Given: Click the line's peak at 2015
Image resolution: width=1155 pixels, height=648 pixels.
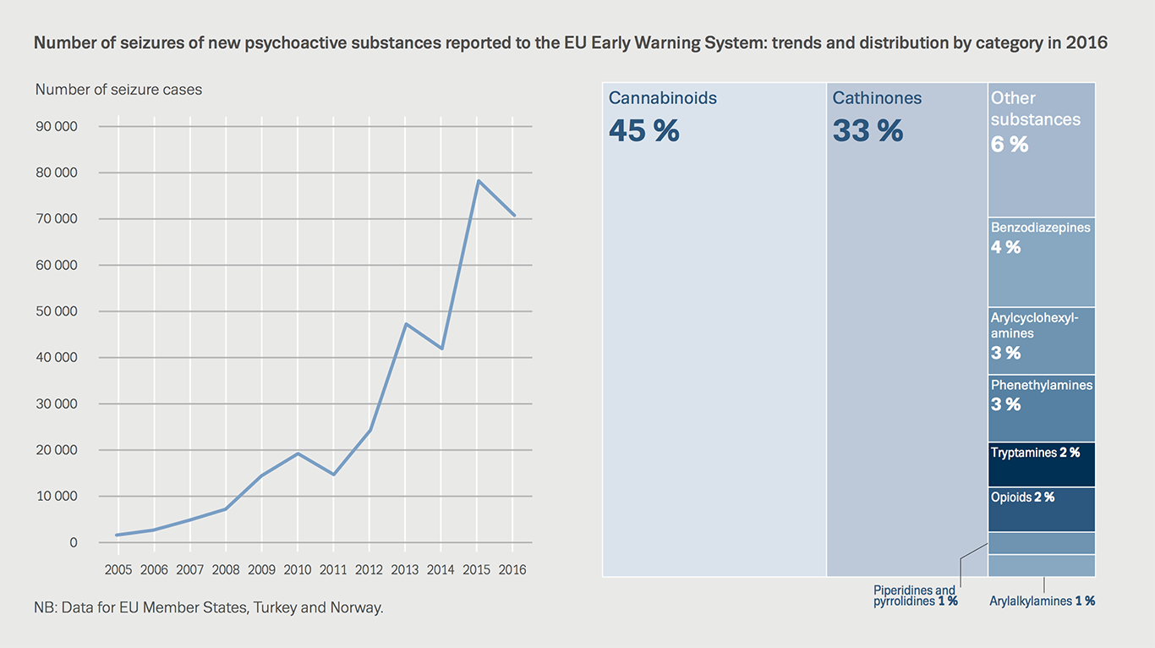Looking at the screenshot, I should (478, 180).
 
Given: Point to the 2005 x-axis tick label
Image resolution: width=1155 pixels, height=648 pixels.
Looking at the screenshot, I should (118, 570).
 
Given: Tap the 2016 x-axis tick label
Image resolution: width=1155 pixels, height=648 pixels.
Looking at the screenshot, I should (512, 570).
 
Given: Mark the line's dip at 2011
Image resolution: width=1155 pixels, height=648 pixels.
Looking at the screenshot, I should (334, 474).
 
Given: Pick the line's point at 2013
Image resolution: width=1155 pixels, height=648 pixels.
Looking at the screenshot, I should (406, 324).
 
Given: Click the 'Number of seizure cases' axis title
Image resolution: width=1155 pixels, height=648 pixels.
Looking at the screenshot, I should (118, 89).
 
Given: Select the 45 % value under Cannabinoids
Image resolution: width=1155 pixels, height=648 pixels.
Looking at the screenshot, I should (643, 131).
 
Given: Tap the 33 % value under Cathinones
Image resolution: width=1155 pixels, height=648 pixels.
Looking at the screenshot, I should (868, 131).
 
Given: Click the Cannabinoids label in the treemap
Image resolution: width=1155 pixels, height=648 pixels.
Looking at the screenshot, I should (663, 98).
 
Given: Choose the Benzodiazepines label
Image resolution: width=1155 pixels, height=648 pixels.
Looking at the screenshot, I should (1040, 228).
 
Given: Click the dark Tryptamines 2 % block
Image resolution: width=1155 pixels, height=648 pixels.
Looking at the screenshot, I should (1041, 464).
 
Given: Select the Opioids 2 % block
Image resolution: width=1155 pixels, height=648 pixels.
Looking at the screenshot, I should (1041, 508).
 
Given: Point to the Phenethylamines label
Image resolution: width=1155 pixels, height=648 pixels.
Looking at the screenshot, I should (1041, 386).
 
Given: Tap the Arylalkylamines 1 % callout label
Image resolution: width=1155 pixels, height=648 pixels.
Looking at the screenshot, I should (1042, 601).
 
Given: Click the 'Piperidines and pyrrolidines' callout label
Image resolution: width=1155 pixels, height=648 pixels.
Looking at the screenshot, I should (915, 596).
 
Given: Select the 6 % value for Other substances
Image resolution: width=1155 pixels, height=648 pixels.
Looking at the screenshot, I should (1009, 145).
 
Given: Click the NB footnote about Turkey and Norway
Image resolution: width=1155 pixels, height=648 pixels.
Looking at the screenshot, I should (209, 607).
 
